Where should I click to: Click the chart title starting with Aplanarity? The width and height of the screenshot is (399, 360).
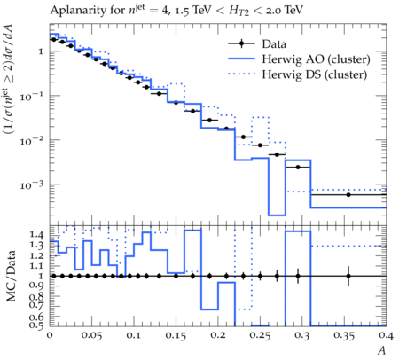tap(176, 11)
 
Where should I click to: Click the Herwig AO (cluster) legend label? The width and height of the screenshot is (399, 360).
tap(316, 59)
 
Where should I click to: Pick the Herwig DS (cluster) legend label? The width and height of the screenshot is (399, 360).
tap(315, 74)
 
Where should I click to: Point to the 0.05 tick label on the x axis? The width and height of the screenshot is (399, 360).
tap(91, 336)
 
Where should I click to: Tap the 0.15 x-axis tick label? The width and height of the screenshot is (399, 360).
tap(176, 336)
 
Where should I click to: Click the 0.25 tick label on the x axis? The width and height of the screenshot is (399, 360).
tap(260, 336)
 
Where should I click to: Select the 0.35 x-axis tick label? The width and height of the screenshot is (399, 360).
tap(344, 336)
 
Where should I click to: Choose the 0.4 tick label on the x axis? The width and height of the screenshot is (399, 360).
tap(386, 336)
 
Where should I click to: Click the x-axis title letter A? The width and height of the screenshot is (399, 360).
tap(382, 350)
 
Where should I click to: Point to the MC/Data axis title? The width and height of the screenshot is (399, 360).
tap(11, 276)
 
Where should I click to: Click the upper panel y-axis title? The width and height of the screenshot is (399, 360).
tap(9, 79)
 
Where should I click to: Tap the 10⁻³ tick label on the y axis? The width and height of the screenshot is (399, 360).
tap(31, 185)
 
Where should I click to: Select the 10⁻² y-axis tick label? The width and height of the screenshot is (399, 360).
tap(31, 141)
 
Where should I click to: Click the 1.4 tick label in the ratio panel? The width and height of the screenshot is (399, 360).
tap(36, 235)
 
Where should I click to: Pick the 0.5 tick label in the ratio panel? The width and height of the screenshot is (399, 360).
tap(36, 325)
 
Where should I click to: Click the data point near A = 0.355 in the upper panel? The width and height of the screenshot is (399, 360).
tap(348, 195)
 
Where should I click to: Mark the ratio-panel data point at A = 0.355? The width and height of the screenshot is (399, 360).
tap(348, 276)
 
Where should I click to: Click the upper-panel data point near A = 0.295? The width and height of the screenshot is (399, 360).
tap(298, 168)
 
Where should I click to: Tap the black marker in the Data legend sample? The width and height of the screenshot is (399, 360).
tap(241, 43)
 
